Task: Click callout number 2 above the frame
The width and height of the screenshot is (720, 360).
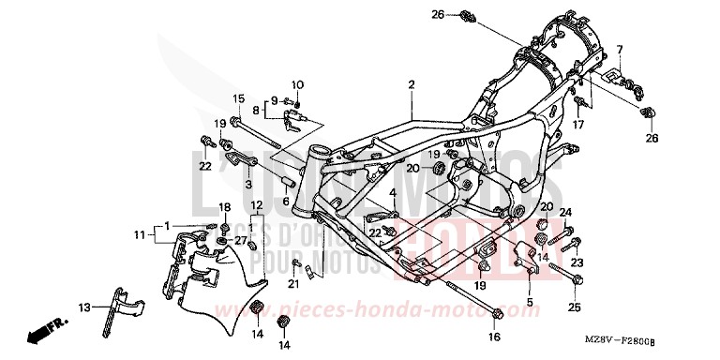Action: [411, 84]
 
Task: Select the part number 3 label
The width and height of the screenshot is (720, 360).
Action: [222, 185]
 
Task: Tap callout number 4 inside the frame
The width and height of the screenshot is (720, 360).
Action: [395, 194]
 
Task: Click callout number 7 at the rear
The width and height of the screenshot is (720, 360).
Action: [619, 49]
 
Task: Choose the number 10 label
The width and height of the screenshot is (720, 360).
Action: [298, 85]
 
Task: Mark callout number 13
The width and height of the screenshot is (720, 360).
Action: [83, 307]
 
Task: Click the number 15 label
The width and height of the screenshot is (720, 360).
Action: [238, 99]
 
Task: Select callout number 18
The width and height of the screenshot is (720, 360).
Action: [224, 206]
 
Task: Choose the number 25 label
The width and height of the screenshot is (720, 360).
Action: [575, 306]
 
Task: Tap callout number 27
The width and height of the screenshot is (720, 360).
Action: [240, 241]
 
